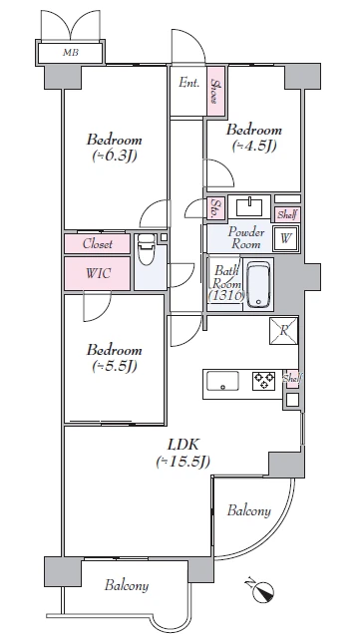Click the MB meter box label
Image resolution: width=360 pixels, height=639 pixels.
pos(71,53)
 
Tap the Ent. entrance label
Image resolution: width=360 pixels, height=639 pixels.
pos(189,83)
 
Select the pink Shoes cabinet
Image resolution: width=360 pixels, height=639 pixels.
pos(215,91)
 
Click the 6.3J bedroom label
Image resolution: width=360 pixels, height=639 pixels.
pos(114,148)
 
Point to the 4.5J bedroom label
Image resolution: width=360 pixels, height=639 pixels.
pos(254,138)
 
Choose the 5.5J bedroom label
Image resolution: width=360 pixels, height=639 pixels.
pos(114,358)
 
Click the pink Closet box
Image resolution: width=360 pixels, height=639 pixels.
pos(98,243)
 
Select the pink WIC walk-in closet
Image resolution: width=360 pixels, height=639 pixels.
pos(98,273)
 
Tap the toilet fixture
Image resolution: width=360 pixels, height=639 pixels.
pos(146,250)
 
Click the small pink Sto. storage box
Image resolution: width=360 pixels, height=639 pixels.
pos(216,208)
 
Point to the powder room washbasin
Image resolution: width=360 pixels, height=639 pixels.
pos(249,205)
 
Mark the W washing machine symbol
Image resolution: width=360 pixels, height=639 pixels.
pos(286,238)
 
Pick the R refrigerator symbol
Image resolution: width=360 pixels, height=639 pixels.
pos(284,331)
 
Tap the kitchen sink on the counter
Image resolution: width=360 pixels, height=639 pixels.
pos(222,381)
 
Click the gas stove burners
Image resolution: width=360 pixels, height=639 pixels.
pos(263,381)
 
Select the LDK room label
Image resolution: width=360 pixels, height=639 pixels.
pos(183,454)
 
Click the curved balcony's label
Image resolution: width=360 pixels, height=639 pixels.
pos(248,510)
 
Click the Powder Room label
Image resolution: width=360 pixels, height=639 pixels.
pos(246,238)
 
